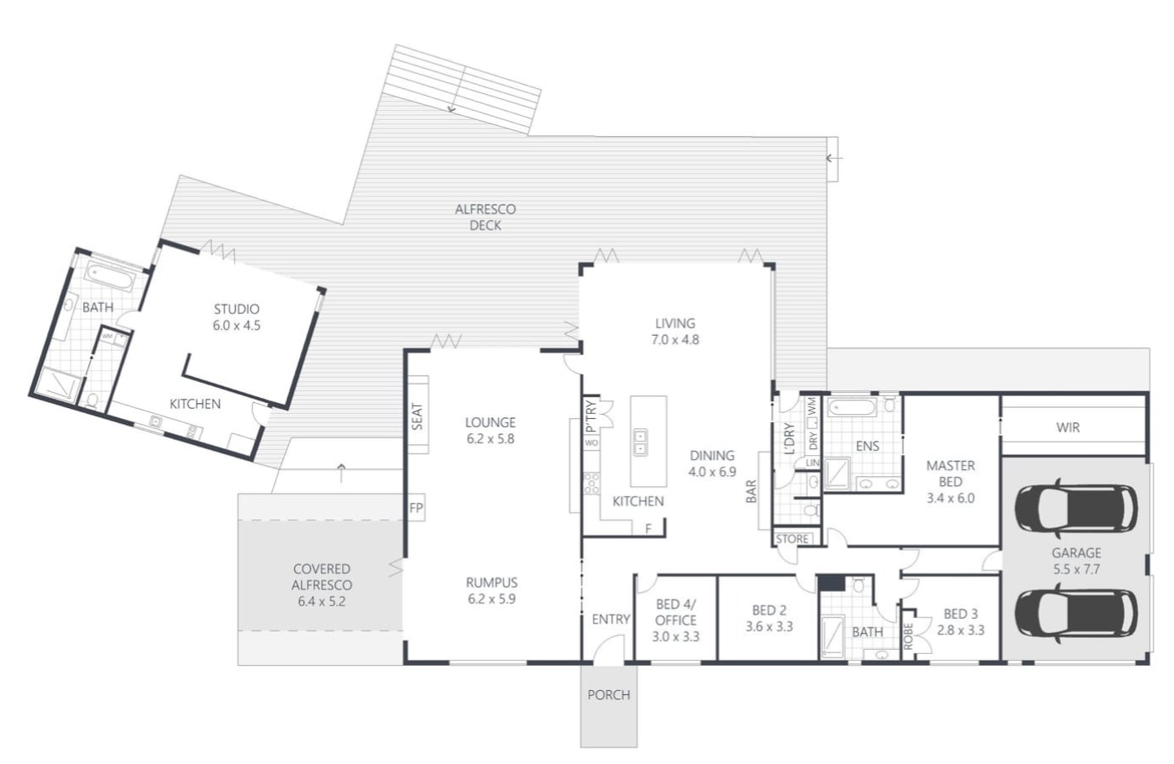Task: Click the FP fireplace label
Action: [x=417, y=508]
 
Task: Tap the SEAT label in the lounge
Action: [x=417, y=416]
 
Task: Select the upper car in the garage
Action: [x=1076, y=508]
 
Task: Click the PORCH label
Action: [x=609, y=695]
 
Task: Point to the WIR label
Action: [x=1068, y=427]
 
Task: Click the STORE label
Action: [x=792, y=539]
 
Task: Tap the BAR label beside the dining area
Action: [x=752, y=491]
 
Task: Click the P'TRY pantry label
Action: [x=590, y=416]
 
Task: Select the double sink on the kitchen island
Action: [x=640, y=442]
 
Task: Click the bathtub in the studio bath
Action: [x=111, y=276]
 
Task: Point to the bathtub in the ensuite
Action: [x=852, y=407]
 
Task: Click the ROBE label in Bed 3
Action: [x=909, y=636]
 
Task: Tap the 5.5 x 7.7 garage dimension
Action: [x=1077, y=569]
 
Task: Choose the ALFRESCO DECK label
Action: [x=485, y=217]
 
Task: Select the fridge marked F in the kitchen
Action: [x=648, y=528]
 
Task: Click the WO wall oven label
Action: [x=591, y=442]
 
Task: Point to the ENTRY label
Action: [x=611, y=620]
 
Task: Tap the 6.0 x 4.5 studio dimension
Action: [x=236, y=326]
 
